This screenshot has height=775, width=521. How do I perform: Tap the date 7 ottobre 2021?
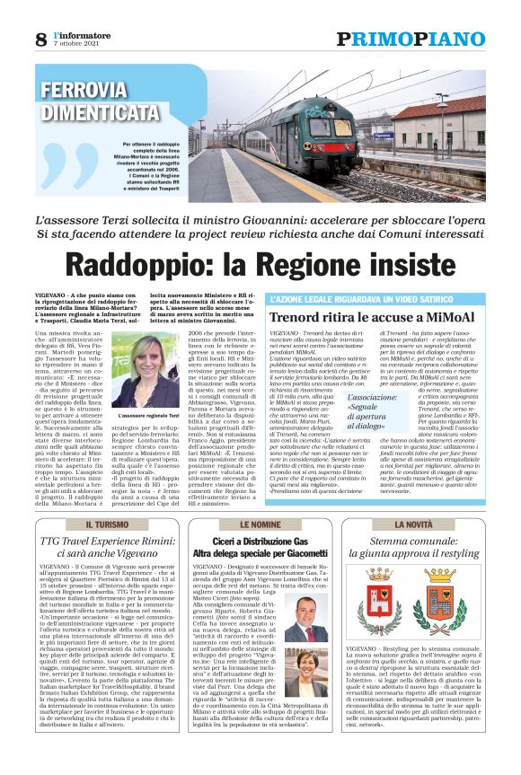75,44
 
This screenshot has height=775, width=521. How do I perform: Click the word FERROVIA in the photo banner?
84,91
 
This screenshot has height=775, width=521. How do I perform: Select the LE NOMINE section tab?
260,524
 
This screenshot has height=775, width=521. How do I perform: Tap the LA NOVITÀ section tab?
413,524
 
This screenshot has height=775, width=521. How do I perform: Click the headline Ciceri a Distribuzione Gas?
260,542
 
